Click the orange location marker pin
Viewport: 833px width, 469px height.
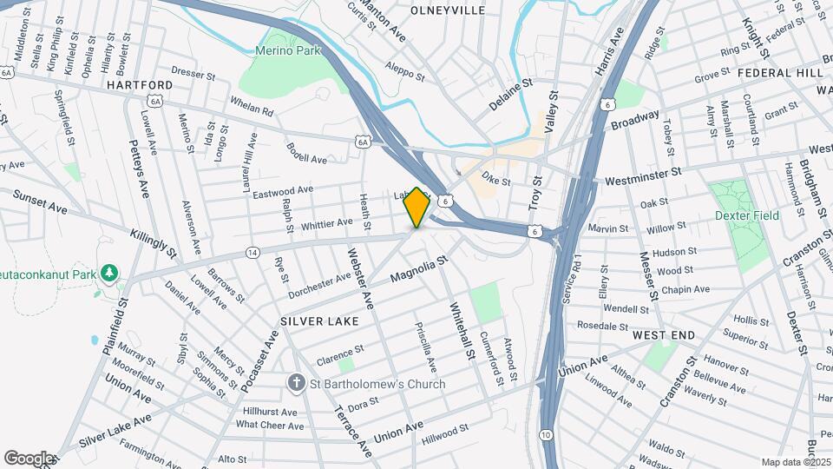pos(417,207)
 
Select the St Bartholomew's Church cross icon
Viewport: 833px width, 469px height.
pos(296,384)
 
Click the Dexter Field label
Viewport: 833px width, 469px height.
pos(747,215)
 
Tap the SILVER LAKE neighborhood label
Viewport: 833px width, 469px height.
pos(319,321)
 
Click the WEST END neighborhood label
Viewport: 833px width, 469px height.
pos(664,335)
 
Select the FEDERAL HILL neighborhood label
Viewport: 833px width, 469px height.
pos(780,73)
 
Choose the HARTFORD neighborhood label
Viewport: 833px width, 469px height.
pos(139,85)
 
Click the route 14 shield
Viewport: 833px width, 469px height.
pos(253,252)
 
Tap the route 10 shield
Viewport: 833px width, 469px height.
pos(546,433)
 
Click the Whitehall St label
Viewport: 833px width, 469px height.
pos(462,330)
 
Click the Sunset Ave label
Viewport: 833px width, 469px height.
pos(40,201)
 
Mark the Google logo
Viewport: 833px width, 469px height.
pos(29,458)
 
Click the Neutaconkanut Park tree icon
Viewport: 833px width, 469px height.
pos(109,274)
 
